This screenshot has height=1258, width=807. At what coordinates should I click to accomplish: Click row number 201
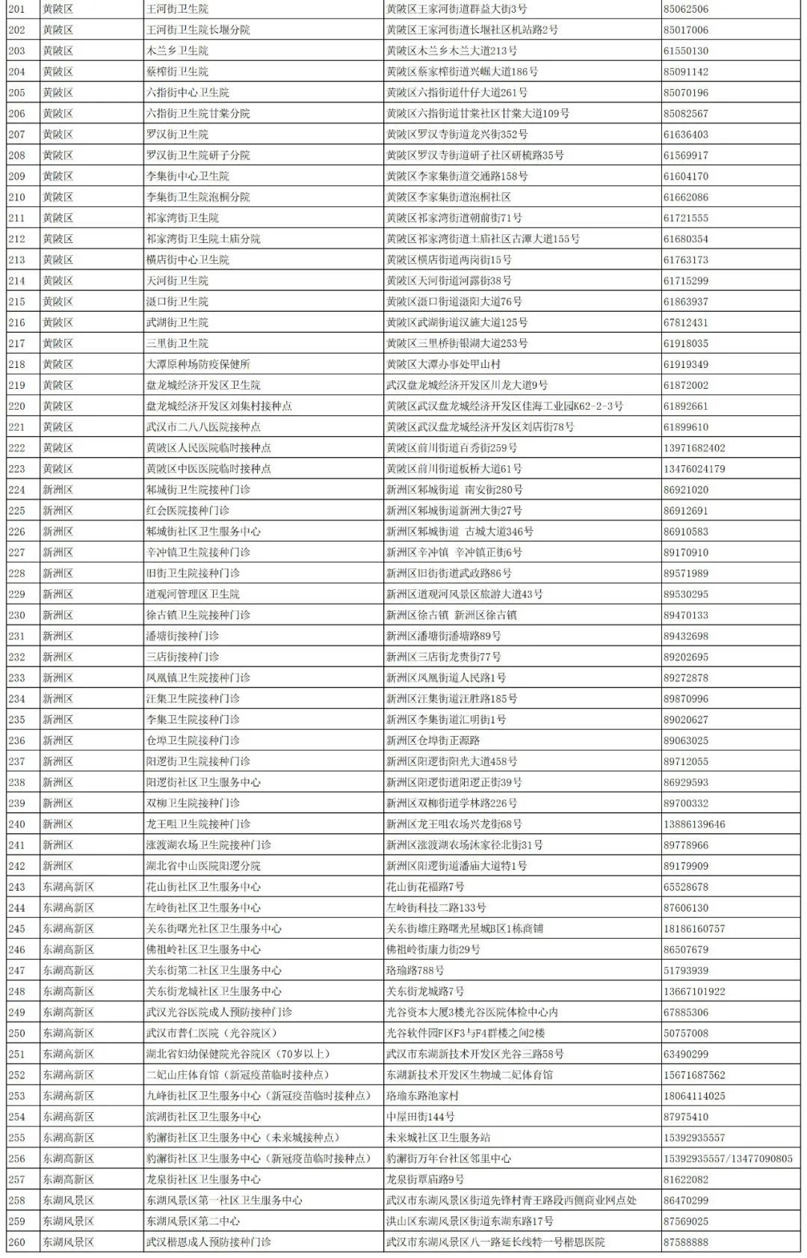16,9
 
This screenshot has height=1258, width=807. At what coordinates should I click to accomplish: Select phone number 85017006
685,30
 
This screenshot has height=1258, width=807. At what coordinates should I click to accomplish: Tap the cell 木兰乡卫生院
177,51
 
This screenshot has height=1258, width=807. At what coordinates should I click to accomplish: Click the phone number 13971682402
693,448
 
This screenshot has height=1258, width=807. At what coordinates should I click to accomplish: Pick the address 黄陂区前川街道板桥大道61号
454,469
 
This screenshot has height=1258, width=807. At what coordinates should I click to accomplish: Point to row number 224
16,490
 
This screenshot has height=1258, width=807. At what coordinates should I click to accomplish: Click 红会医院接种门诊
188,511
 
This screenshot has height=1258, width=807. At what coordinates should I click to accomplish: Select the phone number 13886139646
693,824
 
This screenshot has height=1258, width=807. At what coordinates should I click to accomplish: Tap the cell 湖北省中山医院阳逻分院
203,866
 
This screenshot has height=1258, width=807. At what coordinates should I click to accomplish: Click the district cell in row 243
68,887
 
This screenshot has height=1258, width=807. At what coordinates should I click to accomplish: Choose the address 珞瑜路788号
415,971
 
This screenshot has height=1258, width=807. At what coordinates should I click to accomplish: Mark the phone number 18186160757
693,929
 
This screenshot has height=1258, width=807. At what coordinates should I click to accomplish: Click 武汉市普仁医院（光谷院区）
211,1033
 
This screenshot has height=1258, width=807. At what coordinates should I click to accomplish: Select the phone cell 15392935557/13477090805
727,1159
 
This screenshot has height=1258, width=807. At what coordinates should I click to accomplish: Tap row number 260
16,1242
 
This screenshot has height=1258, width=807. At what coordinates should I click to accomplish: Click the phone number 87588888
685,1242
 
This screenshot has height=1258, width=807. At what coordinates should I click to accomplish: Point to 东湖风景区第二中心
193,1221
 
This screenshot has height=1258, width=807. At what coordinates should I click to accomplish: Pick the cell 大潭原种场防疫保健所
198,364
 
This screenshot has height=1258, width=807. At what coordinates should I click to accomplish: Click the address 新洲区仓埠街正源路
433,740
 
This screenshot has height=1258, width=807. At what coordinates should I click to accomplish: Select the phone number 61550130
685,51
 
